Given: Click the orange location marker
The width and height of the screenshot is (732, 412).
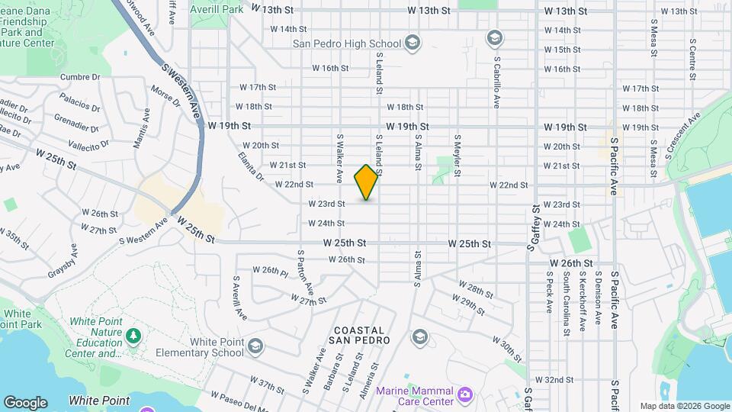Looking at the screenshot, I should point(367,182).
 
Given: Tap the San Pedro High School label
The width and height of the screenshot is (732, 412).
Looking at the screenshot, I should point(348,43).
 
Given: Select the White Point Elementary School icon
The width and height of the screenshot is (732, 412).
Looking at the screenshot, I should point(255,347).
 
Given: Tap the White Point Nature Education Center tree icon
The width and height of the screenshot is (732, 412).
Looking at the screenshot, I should point(133,336).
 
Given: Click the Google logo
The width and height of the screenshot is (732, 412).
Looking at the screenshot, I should point(25,402).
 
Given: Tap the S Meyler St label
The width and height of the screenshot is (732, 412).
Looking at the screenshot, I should point(457,156).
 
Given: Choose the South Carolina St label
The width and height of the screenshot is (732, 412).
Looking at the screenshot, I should point(567,304).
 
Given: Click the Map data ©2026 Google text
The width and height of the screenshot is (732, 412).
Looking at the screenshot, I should point(684,406).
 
